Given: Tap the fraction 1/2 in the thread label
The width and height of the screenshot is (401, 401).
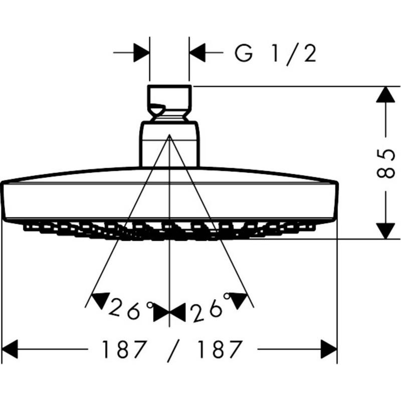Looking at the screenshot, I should pos(295,53).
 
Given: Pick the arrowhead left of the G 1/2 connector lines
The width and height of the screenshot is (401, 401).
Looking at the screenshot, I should pos(142,53).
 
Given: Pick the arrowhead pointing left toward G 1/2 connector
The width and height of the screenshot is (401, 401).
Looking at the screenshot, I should pos(197,53).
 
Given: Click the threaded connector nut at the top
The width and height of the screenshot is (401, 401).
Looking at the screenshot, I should pos(169,103).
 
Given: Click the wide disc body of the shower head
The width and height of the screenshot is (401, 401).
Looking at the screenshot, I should pos(169,198).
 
